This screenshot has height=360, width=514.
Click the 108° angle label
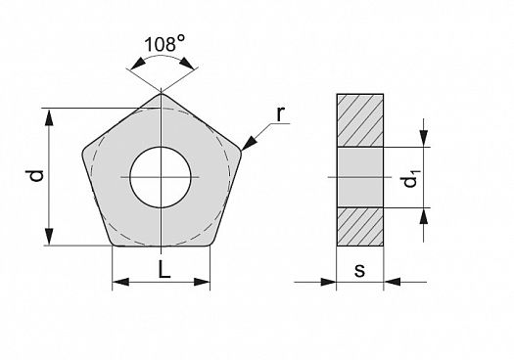click(164, 44)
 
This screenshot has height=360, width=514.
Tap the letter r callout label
click(280, 114)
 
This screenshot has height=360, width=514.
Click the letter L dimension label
click(164, 270)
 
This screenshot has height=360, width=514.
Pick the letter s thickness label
click(360, 271)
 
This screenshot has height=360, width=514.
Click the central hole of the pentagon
click(161, 177)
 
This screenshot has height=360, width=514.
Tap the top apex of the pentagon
click(161, 94)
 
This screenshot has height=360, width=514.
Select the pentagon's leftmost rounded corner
click(83, 154)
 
